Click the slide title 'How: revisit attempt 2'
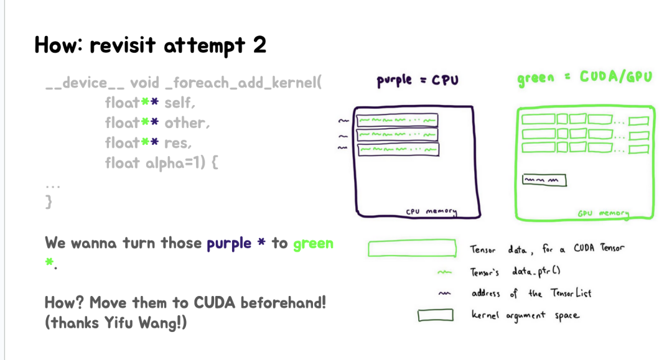click(x=150, y=45)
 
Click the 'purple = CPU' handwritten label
click(x=417, y=81)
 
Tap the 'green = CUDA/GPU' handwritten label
click(x=585, y=78)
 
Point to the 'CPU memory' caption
click(x=431, y=211)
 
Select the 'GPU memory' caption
click(x=603, y=213)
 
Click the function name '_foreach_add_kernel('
click(x=243, y=83)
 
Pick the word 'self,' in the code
click(x=182, y=103)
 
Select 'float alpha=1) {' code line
click(x=163, y=163)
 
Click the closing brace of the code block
click(x=49, y=203)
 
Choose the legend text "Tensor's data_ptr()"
click(x=516, y=272)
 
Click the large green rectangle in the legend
click(x=412, y=249)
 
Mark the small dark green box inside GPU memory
click(x=544, y=180)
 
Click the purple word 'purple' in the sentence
click(x=229, y=243)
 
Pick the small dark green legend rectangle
click(x=434, y=316)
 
